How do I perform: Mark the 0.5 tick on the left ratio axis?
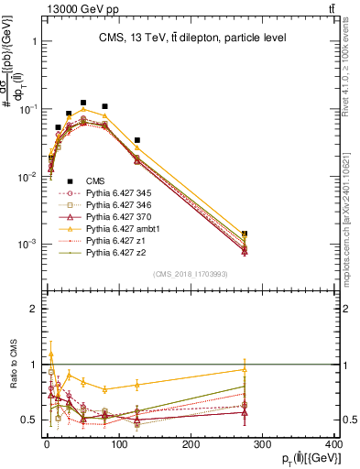tap(28, 420)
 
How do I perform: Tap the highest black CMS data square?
tap(83, 104)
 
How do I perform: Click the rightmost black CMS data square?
tap(245, 234)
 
